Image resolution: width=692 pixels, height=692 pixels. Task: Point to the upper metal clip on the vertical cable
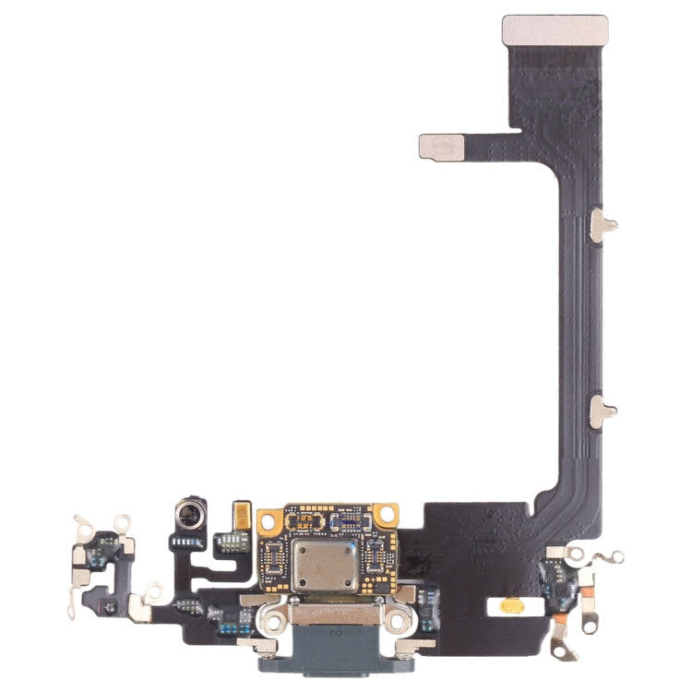click(601, 224)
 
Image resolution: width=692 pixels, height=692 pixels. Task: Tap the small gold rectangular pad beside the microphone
click(243, 513)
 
